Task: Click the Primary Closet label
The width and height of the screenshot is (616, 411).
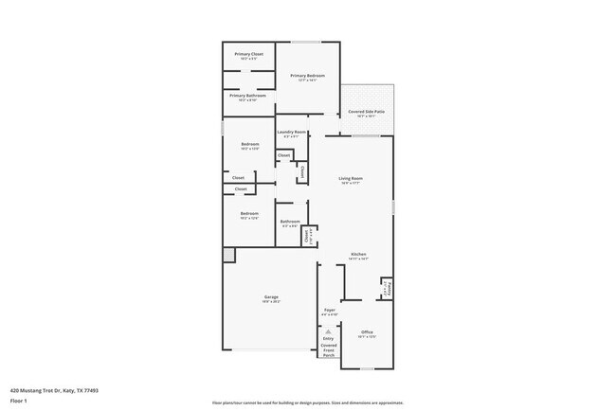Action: (249, 54)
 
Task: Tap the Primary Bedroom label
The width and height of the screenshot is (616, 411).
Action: (308, 76)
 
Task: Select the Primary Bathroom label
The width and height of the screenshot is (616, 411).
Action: (248, 95)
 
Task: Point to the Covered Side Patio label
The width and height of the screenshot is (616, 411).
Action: (366, 112)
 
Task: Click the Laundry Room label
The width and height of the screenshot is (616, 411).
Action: (291, 132)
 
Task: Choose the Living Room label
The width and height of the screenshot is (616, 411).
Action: (352, 178)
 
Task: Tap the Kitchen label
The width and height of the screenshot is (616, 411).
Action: (358, 254)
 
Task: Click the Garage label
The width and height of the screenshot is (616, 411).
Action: (271, 297)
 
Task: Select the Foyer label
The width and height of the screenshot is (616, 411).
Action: (330, 310)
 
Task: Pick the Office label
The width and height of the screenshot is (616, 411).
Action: (366, 331)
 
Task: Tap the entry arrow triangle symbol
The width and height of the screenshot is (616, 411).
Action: (328, 331)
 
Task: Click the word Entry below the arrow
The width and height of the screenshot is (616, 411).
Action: (328, 339)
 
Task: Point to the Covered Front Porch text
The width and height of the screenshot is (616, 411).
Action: (328, 350)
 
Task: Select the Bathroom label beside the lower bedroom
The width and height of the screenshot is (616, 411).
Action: (289, 222)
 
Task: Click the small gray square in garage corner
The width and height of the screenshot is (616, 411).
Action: (228, 255)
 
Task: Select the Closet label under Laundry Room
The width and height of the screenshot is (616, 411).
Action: (283, 154)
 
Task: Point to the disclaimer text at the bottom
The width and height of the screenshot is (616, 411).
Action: (307, 402)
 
